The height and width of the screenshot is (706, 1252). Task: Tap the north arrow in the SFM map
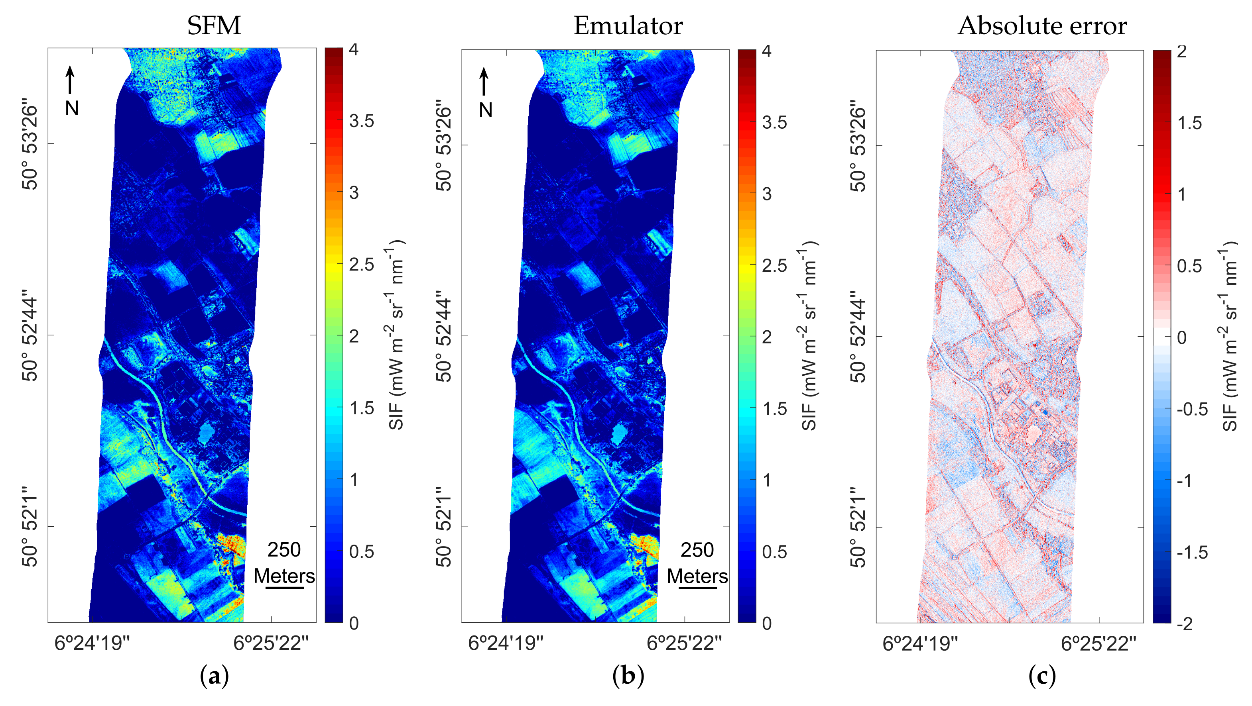[71, 80]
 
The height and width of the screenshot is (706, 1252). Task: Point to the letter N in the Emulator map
[485, 110]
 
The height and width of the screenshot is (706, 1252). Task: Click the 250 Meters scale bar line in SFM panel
[284, 588]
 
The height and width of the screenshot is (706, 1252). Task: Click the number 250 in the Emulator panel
[697, 550]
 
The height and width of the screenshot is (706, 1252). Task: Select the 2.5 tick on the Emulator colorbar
[774, 266]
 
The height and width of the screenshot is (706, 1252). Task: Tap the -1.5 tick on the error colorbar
[1192, 553]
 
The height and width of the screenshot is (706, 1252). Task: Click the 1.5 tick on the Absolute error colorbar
[1189, 123]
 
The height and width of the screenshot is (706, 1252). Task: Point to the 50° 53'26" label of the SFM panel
[30, 144]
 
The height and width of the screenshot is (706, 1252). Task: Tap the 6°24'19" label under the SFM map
[93, 644]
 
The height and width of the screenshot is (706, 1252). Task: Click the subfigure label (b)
[628, 676]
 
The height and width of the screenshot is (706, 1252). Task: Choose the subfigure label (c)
[1042, 676]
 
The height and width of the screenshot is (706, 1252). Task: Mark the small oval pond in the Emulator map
[619, 433]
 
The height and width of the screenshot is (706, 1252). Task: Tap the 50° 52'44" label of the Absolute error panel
[859, 336]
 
